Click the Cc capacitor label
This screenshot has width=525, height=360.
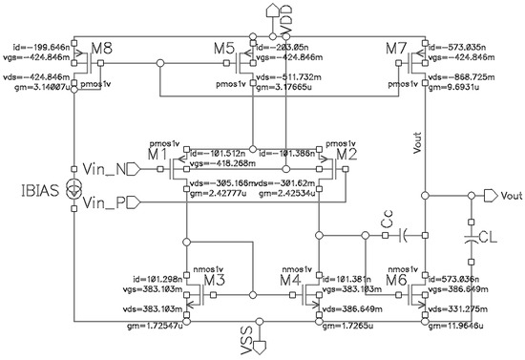(x=387, y=222)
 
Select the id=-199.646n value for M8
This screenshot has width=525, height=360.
(x=40, y=44)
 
